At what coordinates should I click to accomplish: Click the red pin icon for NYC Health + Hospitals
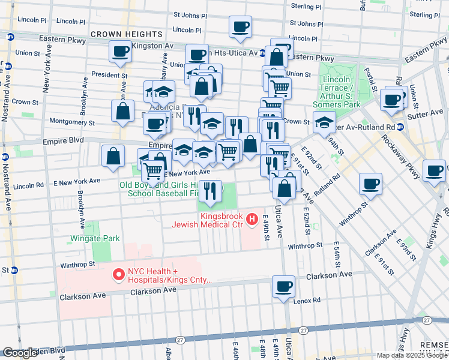[x=118, y=275]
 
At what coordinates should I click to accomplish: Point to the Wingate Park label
[x=95, y=238]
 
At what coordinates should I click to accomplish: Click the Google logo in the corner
[x=20, y=353]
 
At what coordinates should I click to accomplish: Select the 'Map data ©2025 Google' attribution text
[x=411, y=355]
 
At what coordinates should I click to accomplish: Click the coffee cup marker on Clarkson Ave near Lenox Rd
[x=283, y=286]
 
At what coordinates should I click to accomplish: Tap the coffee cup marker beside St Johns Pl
[x=240, y=27]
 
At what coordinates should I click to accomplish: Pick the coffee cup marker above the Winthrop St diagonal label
[x=370, y=184]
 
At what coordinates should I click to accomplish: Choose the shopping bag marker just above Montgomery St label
[x=122, y=111]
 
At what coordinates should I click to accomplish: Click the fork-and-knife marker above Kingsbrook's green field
[x=210, y=191]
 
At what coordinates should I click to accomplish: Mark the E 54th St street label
[x=337, y=254]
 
